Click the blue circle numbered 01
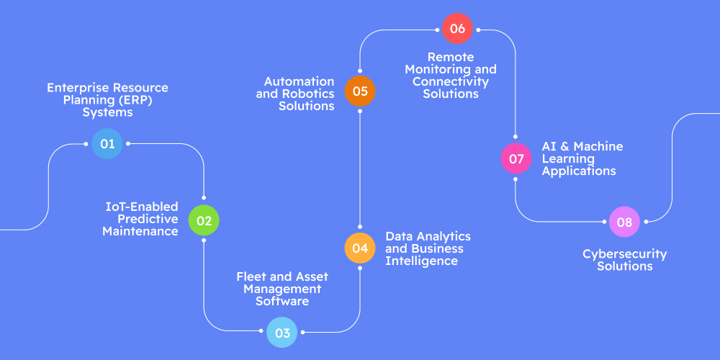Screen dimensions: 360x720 (x=107, y=144)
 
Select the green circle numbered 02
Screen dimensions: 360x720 (x=204, y=220)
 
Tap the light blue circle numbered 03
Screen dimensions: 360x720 (x=282, y=333)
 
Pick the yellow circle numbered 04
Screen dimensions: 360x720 (x=360, y=248)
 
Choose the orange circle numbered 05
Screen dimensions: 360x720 (x=360, y=91)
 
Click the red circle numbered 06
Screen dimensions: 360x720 (x=457, y=29)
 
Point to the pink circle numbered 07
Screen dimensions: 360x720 (x=516, y=158)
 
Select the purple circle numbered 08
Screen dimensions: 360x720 (x=624, y=222)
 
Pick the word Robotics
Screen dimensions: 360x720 (x=311, y=94)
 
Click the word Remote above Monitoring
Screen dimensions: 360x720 (x=451, y=57)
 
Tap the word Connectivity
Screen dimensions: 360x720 (x=451, y=81)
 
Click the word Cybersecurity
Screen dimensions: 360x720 (x=624, y=254)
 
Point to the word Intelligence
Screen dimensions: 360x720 (x=421, y=261)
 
